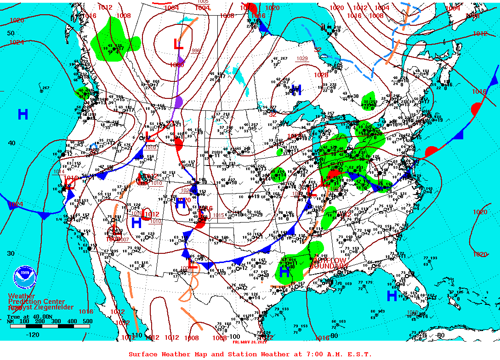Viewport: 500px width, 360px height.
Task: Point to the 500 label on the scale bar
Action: click(x=88, y=321)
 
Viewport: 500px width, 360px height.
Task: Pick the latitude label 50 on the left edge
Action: click(x=11, y=33)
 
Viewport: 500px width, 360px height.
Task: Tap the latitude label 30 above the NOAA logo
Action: click(x=11, y=253)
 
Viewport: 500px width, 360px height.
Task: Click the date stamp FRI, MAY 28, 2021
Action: click(x=250, y=342)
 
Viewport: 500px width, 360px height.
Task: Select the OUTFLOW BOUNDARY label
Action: click(x=328, y=263)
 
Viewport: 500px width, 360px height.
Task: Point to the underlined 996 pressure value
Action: click(x=196, y=51)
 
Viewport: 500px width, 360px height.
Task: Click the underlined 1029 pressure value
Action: click(x=302, y=58)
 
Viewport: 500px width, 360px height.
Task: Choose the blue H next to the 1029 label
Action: click(x=296, y=91)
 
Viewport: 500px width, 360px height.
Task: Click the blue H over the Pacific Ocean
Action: click(x=23, y=114)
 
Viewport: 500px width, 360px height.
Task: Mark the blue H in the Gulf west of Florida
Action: click(x=392, y=296)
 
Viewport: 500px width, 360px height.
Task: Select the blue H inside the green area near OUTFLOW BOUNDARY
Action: click(x=284, y=272)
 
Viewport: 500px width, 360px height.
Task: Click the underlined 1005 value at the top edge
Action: click(x=203, y=2)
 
